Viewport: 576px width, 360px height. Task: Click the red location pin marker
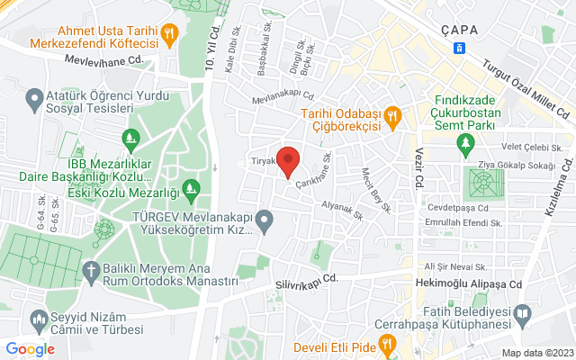pyautogui.click(x=288, y=161)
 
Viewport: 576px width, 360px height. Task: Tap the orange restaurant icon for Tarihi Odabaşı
pyautogui.click(x=391, y=116)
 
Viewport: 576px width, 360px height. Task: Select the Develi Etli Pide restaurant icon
pyautogui.click(x=386, y=343)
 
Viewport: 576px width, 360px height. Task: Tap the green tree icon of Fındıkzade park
pyautogui.click(x=465, y=144)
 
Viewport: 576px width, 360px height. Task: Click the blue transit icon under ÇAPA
pyautogui.click(x=460, y=47)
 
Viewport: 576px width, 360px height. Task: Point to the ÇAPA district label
pyautogui.click(x=459, y=29)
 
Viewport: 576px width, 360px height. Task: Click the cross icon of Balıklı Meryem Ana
pyautogui.click(x=91, y=270)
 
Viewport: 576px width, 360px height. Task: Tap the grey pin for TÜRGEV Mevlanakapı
pyautogui.click(x=264, y=219)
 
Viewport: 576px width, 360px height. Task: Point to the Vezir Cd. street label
pyautogui.click(x=419, y=166)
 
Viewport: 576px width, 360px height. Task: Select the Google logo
pyautogui.click(x=30, y=349)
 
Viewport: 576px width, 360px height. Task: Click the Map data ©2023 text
pyautogui.click(x=536, y=353)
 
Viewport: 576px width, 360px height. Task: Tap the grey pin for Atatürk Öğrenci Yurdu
pyautogui.click(x=34, y=96)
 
